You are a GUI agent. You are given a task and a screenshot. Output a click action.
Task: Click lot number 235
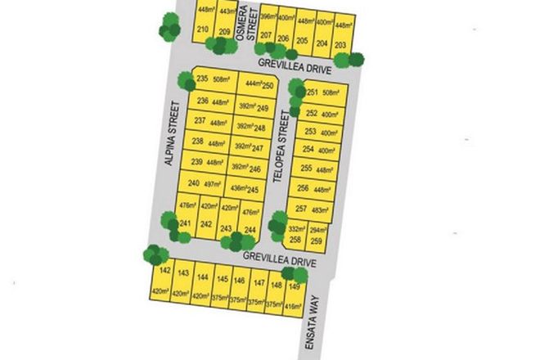(203, 79)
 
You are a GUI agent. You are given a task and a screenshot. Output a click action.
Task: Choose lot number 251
(311, 92)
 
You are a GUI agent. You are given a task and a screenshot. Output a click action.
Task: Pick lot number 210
(203, 30)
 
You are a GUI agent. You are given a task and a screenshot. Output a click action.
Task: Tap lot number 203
(341, 44)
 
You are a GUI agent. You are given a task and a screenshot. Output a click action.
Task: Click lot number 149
(294, 286)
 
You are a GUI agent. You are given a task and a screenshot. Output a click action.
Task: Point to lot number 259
(317, 241)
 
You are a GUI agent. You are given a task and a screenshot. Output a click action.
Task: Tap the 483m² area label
(322, 209)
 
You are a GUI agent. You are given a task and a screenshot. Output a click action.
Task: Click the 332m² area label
(296, 231)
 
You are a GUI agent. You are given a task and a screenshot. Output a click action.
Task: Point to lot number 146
(239, 281)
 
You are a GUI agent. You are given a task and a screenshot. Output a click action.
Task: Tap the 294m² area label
(317, 231)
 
